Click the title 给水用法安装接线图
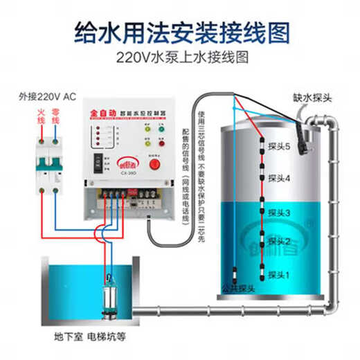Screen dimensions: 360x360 coord(180,32)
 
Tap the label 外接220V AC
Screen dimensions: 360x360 coord(45,97)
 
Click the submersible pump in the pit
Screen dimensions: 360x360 coord(110,298)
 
